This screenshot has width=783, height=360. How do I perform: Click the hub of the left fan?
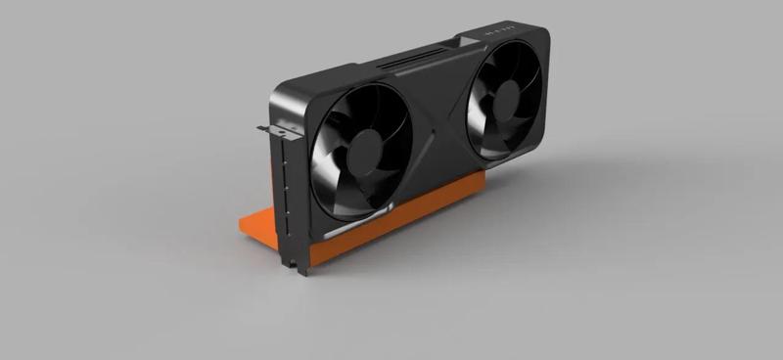point(365,153)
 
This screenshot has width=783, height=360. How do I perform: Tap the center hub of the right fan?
point(505,101)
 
